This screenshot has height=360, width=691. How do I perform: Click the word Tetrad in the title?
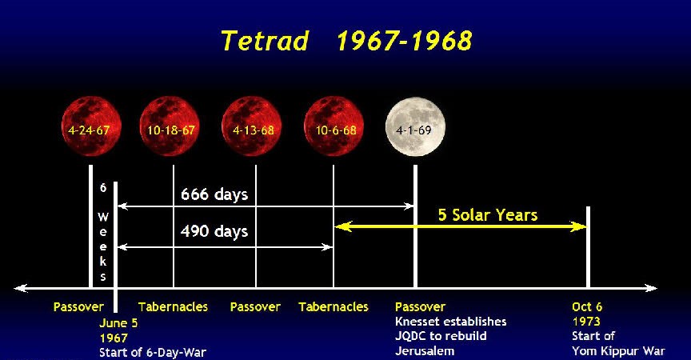tap(265, 41)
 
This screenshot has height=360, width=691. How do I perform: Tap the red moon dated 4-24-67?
tap(91, 126)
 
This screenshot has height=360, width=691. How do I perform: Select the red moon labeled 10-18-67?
tap(170, 126)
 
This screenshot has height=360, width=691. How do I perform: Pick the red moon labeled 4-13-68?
tap(252, 126)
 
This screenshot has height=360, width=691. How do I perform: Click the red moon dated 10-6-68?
tap(334, 126)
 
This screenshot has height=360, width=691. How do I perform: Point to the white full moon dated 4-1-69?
tap(415, 126)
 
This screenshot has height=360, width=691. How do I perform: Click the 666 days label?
tap(214, 194)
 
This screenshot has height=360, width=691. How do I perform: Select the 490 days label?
tap(214, 231)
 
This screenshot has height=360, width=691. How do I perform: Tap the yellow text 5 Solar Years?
tap(488, 215)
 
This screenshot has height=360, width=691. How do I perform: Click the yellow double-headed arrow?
tap(461, 227)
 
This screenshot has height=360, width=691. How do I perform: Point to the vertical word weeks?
tap(102, 246)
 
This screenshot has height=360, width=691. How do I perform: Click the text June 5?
tap(118, 323)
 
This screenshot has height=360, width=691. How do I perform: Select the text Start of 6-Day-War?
tap(153, 353)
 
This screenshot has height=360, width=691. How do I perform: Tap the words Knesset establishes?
tap(451, 322)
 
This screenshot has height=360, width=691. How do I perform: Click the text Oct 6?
tap(587, 306)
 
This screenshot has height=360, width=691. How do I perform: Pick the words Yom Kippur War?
tap(618, 351)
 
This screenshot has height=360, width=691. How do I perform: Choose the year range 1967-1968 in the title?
tap(404, 41)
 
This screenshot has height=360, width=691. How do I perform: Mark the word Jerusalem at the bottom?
tap(425, 351)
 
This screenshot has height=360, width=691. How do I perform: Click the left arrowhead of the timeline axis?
tap(20, 288)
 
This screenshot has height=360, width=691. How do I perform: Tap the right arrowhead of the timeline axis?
tap(651, 288)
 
